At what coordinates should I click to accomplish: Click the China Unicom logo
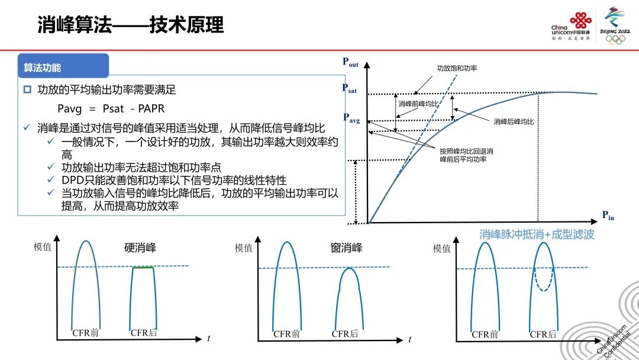tap(570, 27)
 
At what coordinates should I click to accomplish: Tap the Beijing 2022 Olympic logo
tap(615, 25)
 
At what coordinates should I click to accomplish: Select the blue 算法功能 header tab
tap(63, 66)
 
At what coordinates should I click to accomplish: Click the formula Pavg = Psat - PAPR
tap(111, 109)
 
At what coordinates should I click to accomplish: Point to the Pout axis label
tap(350, 62)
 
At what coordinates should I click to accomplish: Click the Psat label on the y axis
tap(349, 88)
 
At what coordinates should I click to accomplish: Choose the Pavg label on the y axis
tap(351, 118)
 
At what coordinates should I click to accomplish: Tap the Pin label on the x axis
tap(608, 216)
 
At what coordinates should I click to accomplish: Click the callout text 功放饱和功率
tap(457, 68)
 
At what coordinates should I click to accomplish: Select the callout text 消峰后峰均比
tap(514, 121)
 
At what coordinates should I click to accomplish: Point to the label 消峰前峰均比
tap(418, 104)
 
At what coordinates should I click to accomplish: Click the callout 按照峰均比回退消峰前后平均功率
tap(466, 155)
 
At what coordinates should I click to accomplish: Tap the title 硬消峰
tap(140, 247)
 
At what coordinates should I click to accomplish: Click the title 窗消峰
tap(346, 247)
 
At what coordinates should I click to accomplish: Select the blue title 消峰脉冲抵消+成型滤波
tap(537, 234)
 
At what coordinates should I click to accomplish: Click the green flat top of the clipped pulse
tap(143, 268)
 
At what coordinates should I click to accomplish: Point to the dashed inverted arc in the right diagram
tap(544, 282)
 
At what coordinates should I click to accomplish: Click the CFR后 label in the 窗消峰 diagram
tap(345, 334)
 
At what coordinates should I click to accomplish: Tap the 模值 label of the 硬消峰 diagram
tap(43, 247)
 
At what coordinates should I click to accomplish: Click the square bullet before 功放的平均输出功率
tap(27, 89)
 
